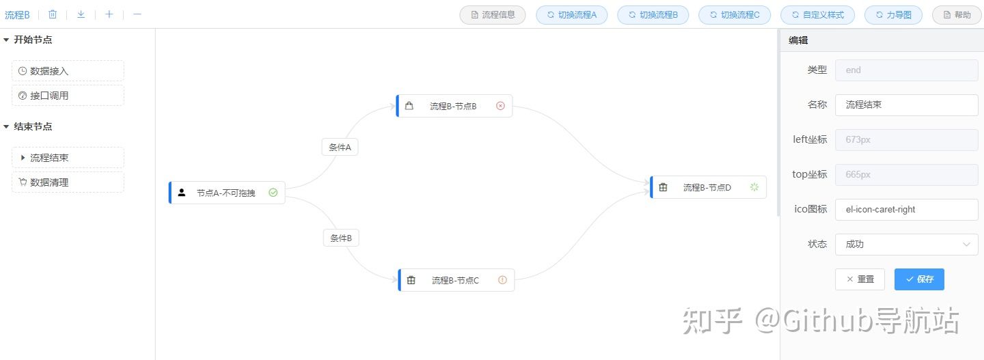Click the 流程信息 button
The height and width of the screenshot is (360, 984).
tap(493, 14)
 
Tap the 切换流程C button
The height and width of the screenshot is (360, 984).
tap(735, 14)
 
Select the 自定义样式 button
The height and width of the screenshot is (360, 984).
tap(817, 14)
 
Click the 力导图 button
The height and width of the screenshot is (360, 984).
tap(893, 14)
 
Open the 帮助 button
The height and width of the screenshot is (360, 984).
tap(956, 14)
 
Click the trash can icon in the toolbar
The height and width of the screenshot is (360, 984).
tap(53, 14)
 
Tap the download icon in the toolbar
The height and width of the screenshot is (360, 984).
tap(81, 14)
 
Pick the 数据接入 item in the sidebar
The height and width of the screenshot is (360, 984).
tap(68, 71)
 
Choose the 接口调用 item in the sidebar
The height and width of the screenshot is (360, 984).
tap(68, 96)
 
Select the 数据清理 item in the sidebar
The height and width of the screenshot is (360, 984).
tap(68, 182)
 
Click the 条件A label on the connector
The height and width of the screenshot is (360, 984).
tap(340, 147)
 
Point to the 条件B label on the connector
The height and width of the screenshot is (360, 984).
tap(341, 238)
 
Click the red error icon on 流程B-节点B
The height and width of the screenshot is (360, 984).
tap(500, 106)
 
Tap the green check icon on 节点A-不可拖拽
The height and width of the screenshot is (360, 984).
tap(273, 193)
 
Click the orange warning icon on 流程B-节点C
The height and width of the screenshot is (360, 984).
tap(503, 279)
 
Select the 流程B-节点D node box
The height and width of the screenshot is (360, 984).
tap(708, 187)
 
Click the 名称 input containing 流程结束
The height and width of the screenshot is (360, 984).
tap(906, 105)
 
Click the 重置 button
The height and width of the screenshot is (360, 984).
tap(860, 279)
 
